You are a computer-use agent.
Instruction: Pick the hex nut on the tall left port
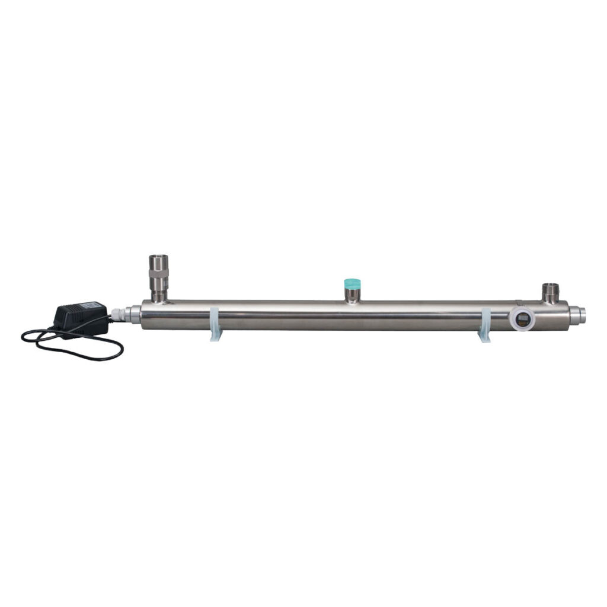click(158, 277)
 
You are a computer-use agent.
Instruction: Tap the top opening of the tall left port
click(158, 257)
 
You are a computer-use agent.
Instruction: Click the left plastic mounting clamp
click(215, 320)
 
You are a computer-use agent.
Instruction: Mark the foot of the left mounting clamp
click(215, 338)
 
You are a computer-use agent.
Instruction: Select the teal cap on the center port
click(353, 282)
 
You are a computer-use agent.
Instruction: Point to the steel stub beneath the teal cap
click(353, 295)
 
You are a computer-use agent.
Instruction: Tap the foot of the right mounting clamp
click(484, 340)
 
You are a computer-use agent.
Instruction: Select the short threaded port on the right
click(551, 293)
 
